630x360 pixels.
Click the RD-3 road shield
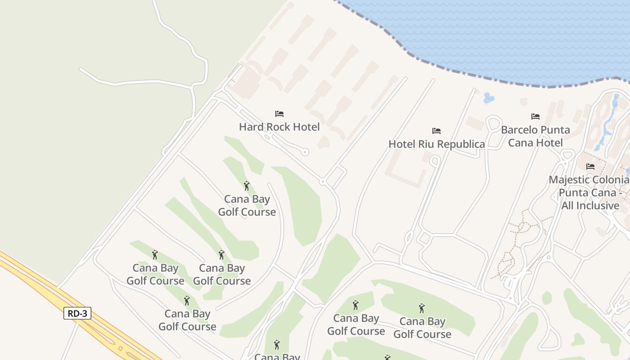77,313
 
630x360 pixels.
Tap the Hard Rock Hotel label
279,127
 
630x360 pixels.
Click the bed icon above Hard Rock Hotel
279,114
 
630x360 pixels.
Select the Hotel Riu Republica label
436,144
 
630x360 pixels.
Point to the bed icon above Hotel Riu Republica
436,131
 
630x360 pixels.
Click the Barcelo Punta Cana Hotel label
535,136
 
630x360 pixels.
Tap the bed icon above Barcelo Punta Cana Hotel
535,117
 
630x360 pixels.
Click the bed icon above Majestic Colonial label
590,166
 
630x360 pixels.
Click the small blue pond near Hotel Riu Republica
489,98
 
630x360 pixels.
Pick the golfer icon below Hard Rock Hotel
246,186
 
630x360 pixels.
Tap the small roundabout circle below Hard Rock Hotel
322,182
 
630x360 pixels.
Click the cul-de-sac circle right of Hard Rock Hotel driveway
305,152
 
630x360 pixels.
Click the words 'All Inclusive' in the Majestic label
590,206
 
